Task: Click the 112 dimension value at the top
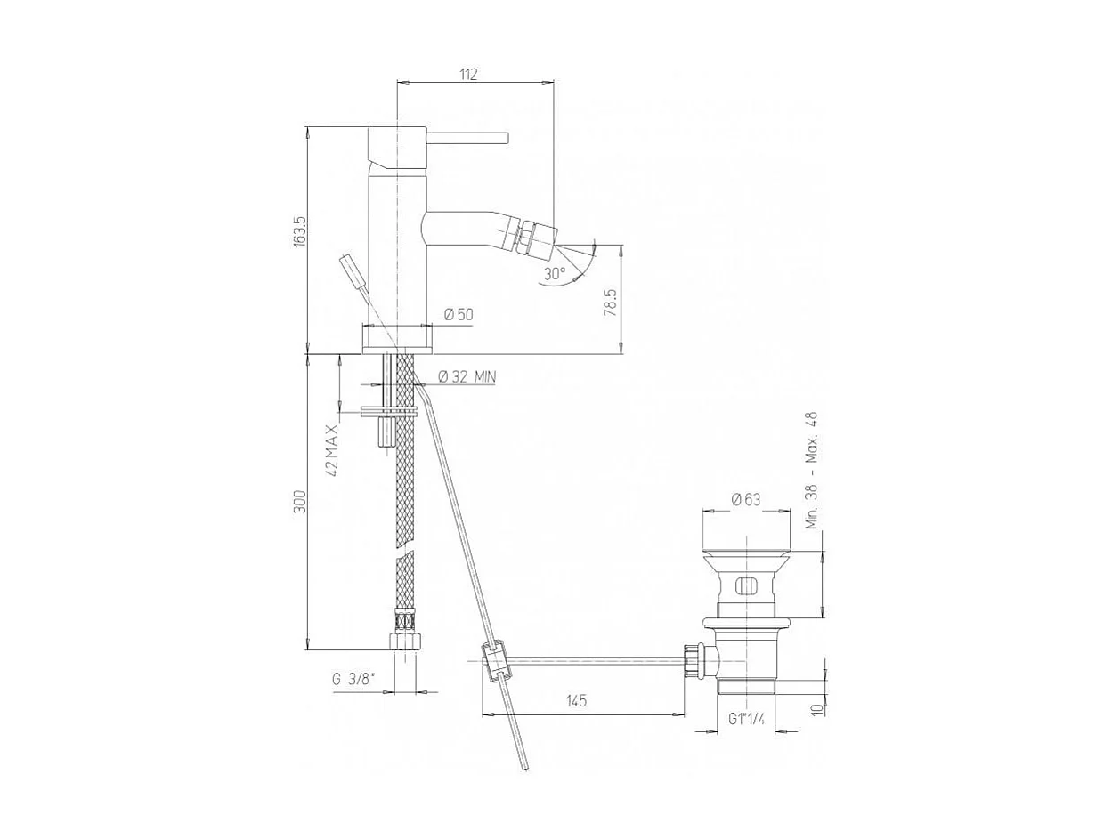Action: click(x=469, y=75)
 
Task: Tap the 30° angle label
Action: click(x=554, y=274)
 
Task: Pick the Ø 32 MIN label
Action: click(x=467, y=376)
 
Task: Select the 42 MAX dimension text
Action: click(x=331, y=451)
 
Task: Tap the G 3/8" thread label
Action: click(x=353, y=679)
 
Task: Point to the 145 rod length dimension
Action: click(x=576, y=701)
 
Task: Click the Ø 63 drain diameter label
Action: click(x=746, y=500)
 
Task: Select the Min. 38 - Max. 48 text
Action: click(x=811, y=472)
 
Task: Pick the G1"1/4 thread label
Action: click(x=747, y=719)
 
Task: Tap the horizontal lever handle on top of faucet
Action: click(x=468, y=137)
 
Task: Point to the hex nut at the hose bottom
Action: click(x=404, y=641)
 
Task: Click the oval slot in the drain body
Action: click(x=746, y=585)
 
